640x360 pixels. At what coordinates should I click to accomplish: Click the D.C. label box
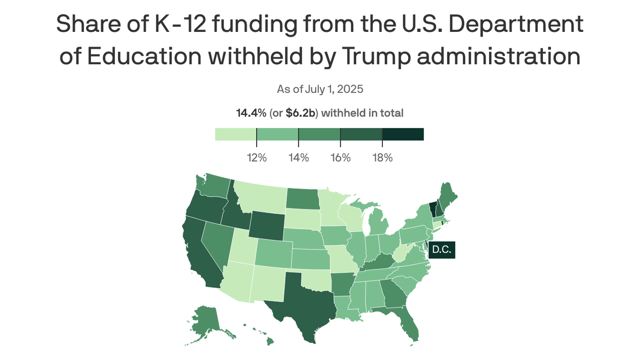(441, 250)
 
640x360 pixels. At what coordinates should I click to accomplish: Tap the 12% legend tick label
(257, 157)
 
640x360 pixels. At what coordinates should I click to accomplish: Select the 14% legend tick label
(298, 157)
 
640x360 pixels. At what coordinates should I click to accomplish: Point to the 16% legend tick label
(341, 157)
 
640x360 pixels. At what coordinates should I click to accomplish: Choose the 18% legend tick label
(382, 157)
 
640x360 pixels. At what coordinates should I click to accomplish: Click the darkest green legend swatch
(403, 134)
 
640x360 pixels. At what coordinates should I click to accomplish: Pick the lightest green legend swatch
(236, 134)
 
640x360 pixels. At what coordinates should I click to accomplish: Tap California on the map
(199, 253)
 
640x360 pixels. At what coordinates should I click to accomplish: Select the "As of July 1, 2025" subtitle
(320, 89)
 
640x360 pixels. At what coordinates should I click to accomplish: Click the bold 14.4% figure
(251, 113)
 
